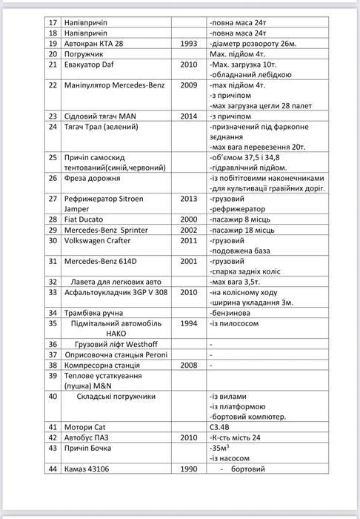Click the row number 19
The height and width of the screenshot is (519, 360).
tap(53, 44)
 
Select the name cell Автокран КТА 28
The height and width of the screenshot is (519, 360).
tap(93, 44)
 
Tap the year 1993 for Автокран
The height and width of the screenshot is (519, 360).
tap(188, 44)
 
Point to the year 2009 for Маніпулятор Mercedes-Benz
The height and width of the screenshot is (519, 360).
tap(188, 85)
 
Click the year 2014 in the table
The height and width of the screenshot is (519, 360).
tap(188, 116)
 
